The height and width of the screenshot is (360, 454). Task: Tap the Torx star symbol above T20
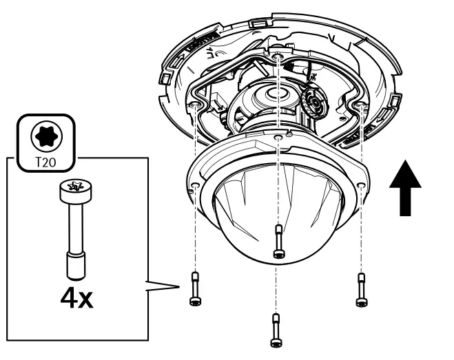(45, 135)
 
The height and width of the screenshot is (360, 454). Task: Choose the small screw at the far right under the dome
(360, 288)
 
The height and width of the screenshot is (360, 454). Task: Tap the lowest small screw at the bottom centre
(276, 330)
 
